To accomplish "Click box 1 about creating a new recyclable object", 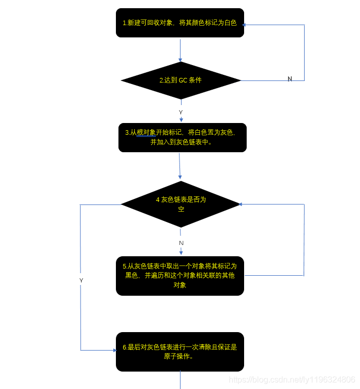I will tap(179, 23).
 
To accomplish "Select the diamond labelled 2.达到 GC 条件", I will tap(181, 80).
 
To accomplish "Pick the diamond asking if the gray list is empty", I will tap(181, 204).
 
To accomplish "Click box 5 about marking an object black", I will tap(179, 276).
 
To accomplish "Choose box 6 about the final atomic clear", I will tap(179, 352).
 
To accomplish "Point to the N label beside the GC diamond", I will tap(290, 79).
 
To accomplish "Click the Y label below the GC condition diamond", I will tap(181, 112).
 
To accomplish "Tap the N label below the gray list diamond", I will tap(181, 242).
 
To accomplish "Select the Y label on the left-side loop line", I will tap(81, 280).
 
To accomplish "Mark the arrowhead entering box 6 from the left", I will tap(115, 351).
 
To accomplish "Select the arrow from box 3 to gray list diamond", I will tap(179, 167).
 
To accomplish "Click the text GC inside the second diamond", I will tap(183, 80).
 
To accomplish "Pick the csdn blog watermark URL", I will tap(291, 380).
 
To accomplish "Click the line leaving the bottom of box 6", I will tap(181, 380).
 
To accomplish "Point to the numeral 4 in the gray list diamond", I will tap(158, 200).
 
